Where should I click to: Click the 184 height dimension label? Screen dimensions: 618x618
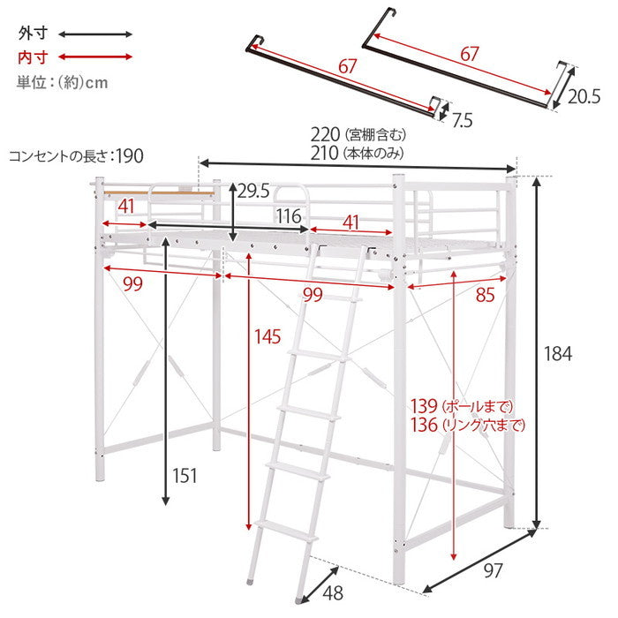coord(558,354)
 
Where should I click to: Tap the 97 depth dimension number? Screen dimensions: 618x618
coord(493,570)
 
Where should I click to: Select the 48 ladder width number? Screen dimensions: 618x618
coord(333,592)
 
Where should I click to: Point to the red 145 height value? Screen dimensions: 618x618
coord(268,337)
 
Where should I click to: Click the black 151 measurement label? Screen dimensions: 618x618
coord(185,476)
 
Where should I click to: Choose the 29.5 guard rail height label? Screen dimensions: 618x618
coord(253,192)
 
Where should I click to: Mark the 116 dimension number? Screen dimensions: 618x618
coord(289,216)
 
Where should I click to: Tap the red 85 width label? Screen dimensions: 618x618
coord(485,295)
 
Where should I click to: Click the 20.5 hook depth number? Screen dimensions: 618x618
coord(584,96)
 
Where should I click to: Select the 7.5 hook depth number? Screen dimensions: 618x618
coord(462,121)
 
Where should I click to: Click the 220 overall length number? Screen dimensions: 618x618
coord(325,135)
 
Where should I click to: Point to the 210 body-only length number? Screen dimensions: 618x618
coord(325,154)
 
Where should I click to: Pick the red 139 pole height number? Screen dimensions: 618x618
coord(424,406)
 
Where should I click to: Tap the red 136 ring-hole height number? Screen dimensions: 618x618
coord(424,425)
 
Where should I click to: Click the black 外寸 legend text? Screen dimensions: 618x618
coord(33,34)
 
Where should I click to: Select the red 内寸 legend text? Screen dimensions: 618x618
coord(33,57)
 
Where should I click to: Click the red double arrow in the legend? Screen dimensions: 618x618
coord(95,57)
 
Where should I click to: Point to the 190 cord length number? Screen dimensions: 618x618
coord(130,156)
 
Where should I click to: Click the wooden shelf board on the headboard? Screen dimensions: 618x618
coord(159,192)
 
